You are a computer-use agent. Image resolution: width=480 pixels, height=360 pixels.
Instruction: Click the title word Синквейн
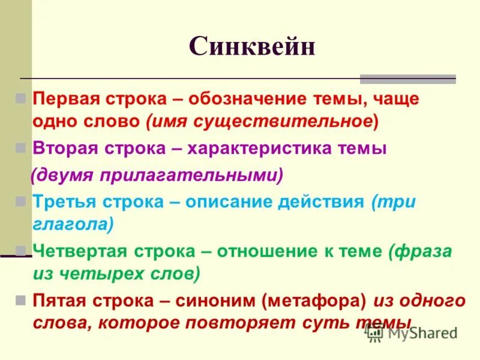[252, 47]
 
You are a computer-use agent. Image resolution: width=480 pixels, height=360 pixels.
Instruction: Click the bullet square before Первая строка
[20, 98]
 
